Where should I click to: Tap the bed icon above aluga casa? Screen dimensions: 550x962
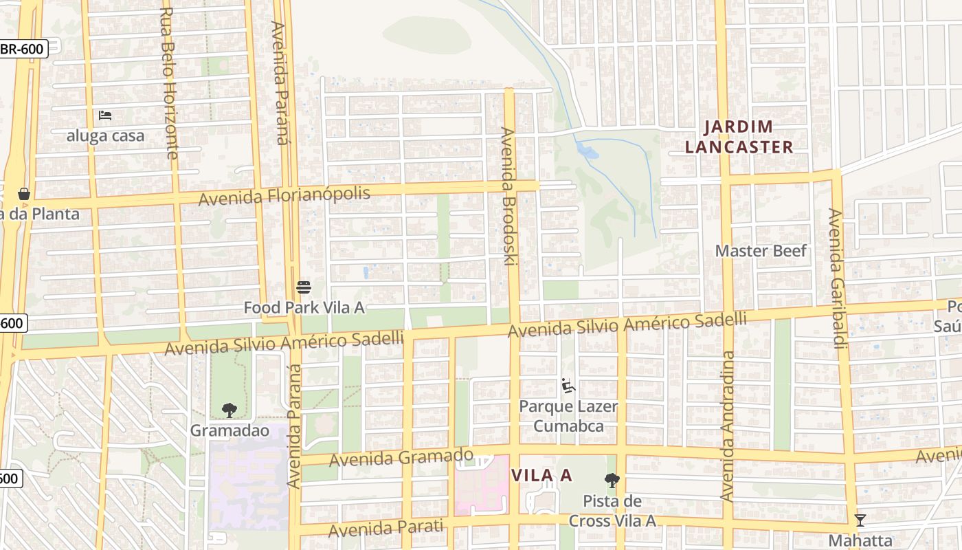(x=105, y=115)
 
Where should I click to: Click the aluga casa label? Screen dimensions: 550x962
(x=105, y=135)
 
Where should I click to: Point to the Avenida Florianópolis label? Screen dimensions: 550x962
(x=284, y=196)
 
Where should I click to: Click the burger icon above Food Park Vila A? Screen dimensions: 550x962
(x=304, y=287)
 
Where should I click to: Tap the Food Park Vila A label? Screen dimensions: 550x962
(x=304, y=307)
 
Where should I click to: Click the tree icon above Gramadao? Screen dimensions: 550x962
(x=230, y=410)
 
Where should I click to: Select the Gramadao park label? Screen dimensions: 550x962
(x=230, y=430)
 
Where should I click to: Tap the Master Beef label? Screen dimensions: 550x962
(x=761, y=250)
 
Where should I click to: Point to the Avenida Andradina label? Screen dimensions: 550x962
(x=728, y=426)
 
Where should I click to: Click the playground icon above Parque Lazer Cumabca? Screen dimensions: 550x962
(x=568, y=386)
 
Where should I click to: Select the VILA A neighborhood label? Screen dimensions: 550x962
(x=541, y=475)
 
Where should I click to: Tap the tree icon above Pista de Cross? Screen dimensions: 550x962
(x=612, y=481)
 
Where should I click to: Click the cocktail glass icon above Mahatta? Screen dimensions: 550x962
(x=860, y=520)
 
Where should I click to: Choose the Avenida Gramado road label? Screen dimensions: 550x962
(x=401, y=457)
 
